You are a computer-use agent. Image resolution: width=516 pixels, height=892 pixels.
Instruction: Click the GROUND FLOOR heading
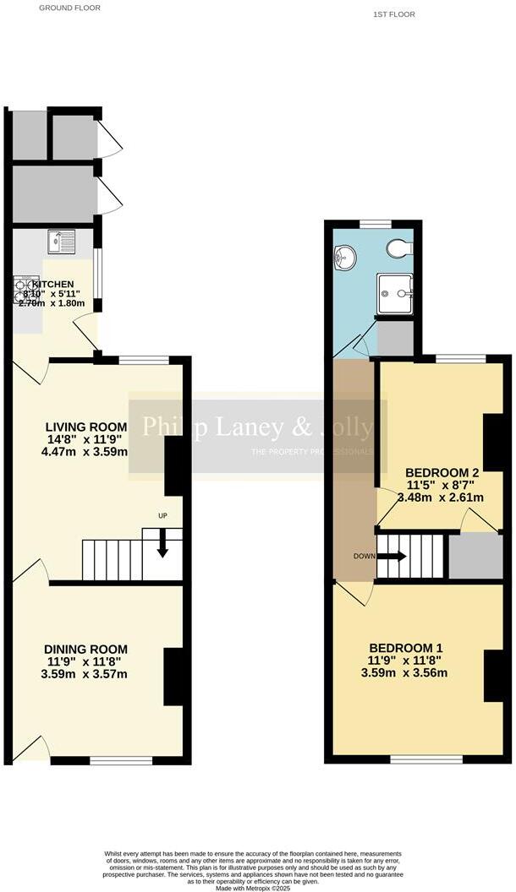tap(70, 8)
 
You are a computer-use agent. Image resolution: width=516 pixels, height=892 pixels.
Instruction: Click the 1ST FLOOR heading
tap(393, 14)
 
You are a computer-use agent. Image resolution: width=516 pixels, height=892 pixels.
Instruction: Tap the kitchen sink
tap(62, 242)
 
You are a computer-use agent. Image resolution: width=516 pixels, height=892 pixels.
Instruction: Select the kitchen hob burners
tap(21, 291)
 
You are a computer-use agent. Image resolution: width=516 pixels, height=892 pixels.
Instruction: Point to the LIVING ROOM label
tap(86, 427)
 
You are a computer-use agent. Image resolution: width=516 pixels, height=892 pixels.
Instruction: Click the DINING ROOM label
tap(85, 649)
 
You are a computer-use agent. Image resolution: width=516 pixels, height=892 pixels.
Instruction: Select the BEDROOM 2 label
tap(442, 472)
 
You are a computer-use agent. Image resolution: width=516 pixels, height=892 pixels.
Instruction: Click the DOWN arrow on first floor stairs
tap(392, 557)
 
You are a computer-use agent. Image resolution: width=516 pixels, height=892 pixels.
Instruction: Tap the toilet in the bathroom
tap(398, 248)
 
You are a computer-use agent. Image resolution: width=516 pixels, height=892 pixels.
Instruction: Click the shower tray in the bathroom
tap(394, 293)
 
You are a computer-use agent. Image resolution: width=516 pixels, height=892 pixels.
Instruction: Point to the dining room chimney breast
tap(173, 677)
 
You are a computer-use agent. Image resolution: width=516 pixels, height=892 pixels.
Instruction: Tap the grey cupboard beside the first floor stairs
tap(475, 556)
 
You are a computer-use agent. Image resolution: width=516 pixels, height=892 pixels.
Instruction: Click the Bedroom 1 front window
tap(426, 759)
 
